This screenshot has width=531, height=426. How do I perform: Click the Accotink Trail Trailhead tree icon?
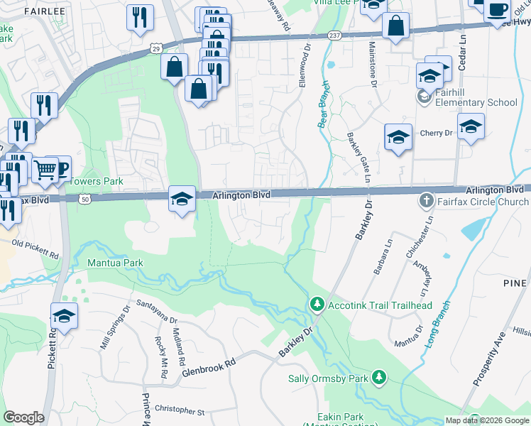[317, 305]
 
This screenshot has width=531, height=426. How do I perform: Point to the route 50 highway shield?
[84, 201]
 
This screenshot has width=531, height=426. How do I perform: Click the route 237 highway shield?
[335, 35]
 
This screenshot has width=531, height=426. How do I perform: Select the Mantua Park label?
[114, 263]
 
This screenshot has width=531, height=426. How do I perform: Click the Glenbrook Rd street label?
[208, 367]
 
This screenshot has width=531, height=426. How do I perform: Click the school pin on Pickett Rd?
[63, 317]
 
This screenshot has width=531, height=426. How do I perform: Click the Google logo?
[23, 417]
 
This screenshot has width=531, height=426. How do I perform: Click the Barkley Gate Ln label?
[358, 158]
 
